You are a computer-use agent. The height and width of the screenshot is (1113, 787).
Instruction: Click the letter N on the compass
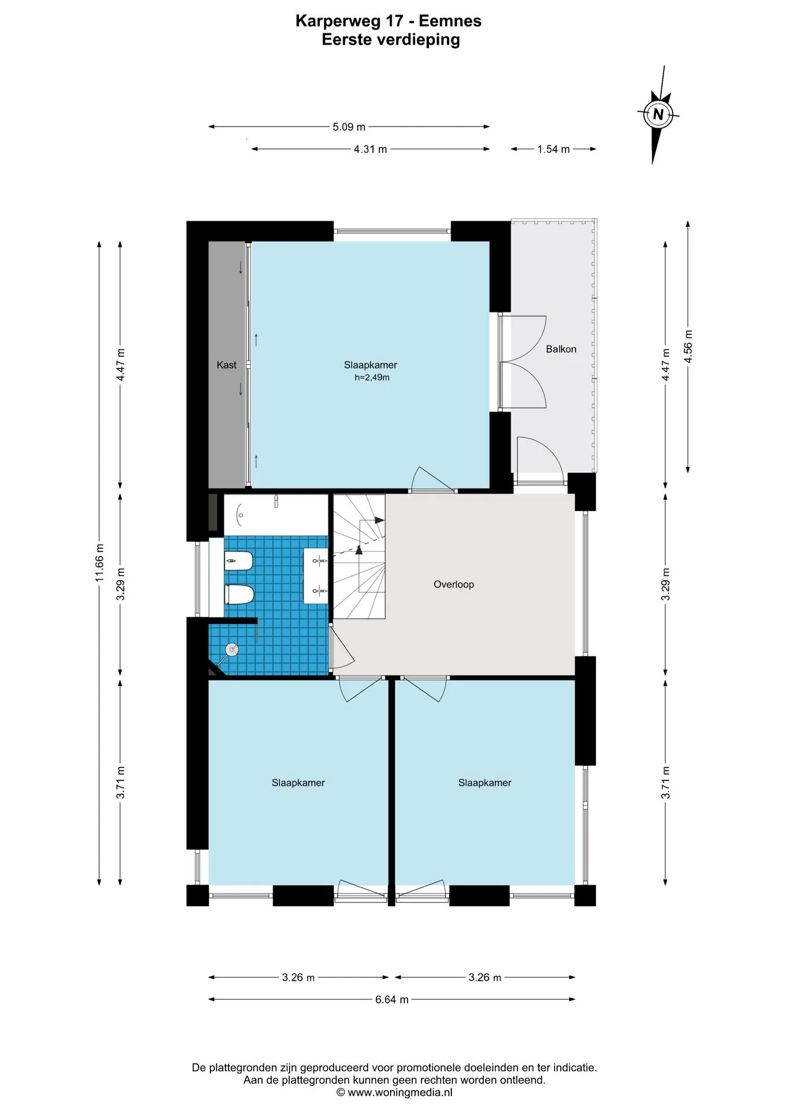(x=658, y=114)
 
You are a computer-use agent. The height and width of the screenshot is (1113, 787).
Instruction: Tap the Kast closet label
(x=227, y=365)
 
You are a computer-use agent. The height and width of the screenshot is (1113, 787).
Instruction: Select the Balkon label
(x=561, y=349)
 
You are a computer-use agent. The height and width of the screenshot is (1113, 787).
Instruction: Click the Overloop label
(x=454, y=584)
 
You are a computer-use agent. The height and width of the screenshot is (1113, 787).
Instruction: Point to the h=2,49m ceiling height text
(x=372, y=377)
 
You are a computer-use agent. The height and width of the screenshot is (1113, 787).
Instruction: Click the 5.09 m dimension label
(x=349, y=127)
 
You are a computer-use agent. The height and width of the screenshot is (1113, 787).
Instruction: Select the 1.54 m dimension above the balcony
(x=553, y=149)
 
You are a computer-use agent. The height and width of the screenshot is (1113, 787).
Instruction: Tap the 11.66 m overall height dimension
(x=100, y=563)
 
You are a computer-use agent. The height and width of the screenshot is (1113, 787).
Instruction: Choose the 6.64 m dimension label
(x=392, y=999)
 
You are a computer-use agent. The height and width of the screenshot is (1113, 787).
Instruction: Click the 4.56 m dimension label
(x=688, y=346)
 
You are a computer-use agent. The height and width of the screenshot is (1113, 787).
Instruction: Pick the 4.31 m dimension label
(x=370, y=149)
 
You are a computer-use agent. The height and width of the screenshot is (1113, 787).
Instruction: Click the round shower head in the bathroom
(x=232, y=649)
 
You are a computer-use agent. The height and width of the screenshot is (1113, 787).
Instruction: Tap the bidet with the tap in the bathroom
(x=238, y=561)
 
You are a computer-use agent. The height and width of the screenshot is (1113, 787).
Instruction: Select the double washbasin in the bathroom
(x=316, y=576)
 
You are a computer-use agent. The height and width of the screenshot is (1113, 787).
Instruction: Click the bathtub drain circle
(x=241, y=515)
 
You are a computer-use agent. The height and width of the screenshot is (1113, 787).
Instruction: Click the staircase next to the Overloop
(x=359, y=556)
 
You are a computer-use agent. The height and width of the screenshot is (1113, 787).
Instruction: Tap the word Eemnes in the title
(x=450, y=21)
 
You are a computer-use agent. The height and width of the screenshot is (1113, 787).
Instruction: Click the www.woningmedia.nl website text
(x=400, y=1093)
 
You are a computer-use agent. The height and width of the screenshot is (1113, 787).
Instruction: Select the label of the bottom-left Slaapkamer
(x=298, y=783)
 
